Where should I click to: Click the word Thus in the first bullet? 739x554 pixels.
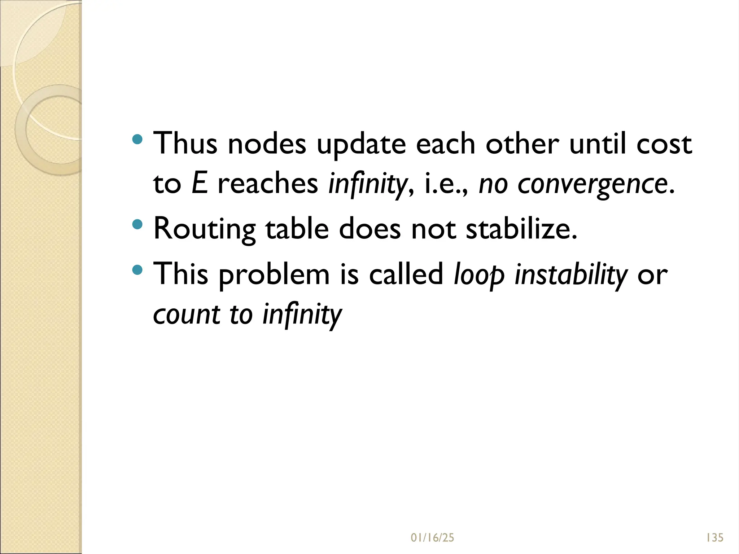(x=185, y=143)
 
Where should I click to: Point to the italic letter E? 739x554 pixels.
(x=200, y=183)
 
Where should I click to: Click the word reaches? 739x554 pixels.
(x=268, y=184)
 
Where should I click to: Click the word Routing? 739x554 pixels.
(x=205, y=230)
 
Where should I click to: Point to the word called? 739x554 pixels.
(x=406, y=274)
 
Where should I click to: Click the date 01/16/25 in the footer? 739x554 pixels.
(x=432, y=538)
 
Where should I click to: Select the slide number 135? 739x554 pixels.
(x=715, y=538)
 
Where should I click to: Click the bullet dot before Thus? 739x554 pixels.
(x=137, y=139)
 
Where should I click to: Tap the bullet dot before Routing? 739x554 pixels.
(x=137, y=225)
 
